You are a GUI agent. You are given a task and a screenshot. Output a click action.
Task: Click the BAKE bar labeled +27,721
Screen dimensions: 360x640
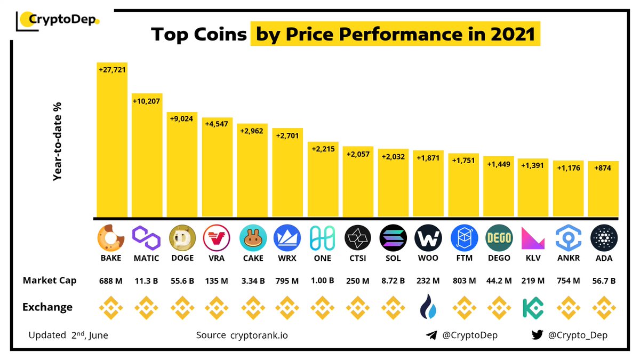[112, 141]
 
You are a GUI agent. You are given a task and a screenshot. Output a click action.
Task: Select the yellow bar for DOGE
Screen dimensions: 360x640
[182, 165]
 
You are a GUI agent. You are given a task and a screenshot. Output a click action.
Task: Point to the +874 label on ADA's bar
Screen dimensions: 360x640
[604, 167]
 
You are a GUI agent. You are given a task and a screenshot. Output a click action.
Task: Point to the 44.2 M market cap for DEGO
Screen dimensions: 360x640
[499, 281]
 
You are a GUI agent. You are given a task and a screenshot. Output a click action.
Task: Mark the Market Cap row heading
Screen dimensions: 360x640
[49, 281]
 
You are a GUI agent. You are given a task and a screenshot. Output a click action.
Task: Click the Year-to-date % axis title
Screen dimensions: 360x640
[58, 141]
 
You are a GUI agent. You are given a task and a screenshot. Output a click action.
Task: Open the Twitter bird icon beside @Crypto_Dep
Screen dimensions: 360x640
[537, 335]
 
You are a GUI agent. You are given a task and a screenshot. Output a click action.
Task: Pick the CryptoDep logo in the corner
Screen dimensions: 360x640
[59, 20]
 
